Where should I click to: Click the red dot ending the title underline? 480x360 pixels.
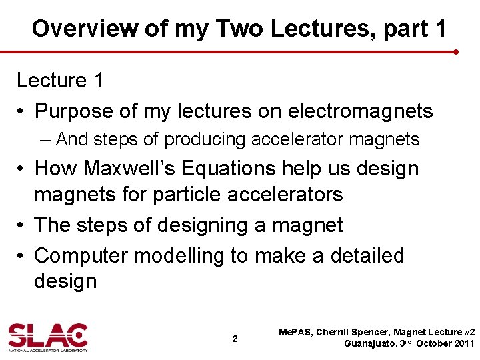point(455,51)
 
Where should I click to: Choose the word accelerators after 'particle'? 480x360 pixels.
point(288,194)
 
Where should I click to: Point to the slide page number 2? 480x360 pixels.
point(235,339)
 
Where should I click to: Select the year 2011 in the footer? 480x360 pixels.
point(462,344)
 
